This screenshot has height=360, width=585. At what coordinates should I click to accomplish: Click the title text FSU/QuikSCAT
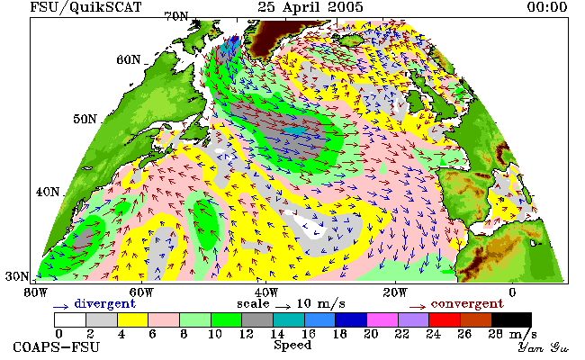click(85, 7)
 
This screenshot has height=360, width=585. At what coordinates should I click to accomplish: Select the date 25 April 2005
click(310, 7)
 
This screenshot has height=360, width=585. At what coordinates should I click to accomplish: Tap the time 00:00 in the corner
click(547, 7)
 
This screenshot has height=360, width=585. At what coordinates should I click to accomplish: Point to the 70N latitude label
click(176, 16)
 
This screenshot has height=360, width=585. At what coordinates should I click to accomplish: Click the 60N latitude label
click(129, 59)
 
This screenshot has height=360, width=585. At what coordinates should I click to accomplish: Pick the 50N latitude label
click(85, 119)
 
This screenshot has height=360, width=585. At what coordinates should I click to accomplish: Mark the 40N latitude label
click(48, 192)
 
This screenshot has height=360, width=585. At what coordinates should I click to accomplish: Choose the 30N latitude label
click(17, 276)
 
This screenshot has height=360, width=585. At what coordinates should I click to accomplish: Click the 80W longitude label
click(36, 292)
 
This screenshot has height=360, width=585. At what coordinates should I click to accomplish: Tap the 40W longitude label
click(265, 292)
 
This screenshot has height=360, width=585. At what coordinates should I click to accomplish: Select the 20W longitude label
click(395, 292)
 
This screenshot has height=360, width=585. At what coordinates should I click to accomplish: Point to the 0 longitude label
click(512, 292)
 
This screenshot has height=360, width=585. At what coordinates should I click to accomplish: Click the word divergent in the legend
click(104, 304)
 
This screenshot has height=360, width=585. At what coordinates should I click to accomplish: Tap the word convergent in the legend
click(467, 304)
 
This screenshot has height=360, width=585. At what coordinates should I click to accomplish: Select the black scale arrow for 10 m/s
click(283, 307)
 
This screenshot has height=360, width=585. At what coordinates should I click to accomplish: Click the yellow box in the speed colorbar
click(133, 320)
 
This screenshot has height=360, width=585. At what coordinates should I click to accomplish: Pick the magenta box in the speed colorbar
click(382, 320)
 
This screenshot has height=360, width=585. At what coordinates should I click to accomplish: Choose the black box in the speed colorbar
click(511, 320)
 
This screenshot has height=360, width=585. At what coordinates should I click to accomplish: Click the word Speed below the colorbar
click(292, 346)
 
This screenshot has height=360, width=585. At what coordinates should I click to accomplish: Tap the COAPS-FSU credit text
click(57, 347)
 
